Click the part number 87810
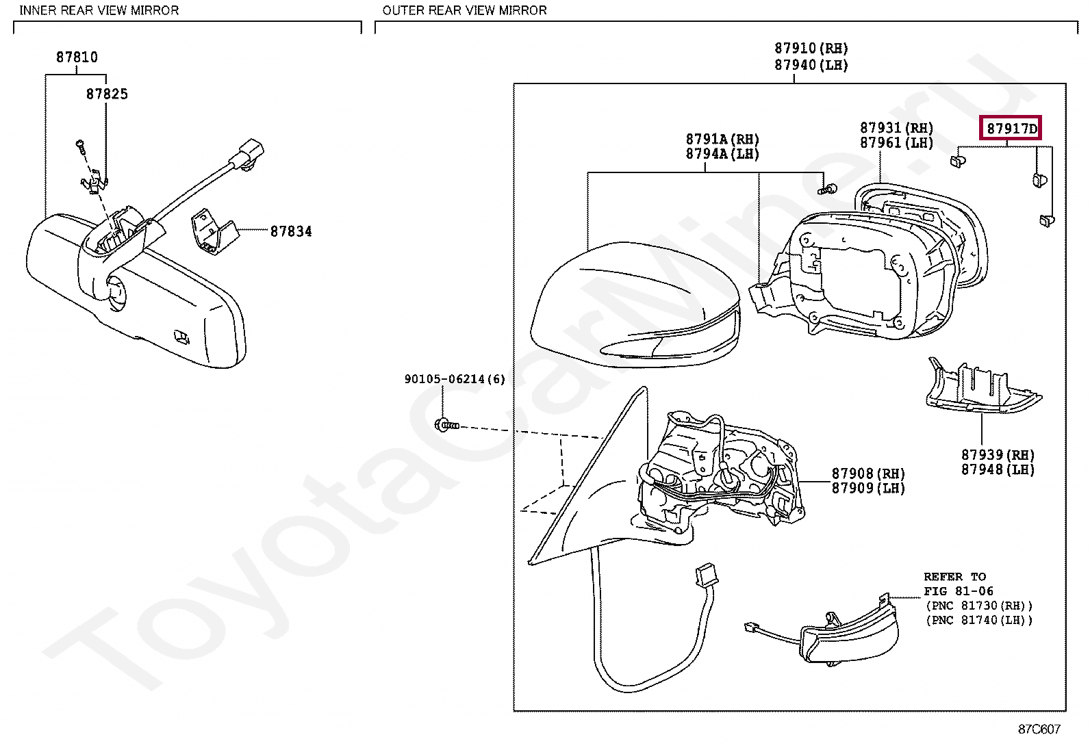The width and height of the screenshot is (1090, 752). pos(77,57)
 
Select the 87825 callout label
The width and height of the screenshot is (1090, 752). pos(107,94)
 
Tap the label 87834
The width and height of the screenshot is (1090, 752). pos(291,231)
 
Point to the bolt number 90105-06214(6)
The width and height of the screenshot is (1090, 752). pos(455,378)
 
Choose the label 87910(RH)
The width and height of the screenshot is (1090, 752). pos(811,49)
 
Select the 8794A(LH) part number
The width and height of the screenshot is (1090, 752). pos(722,154)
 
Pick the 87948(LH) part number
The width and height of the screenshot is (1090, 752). pos(998,469)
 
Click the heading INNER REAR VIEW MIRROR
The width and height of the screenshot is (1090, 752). pos(99,10)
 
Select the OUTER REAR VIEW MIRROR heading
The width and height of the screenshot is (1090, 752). pos(464,10)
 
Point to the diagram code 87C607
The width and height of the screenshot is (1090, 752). pos(1039,729)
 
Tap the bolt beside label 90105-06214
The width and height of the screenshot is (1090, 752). pos(445,425)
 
